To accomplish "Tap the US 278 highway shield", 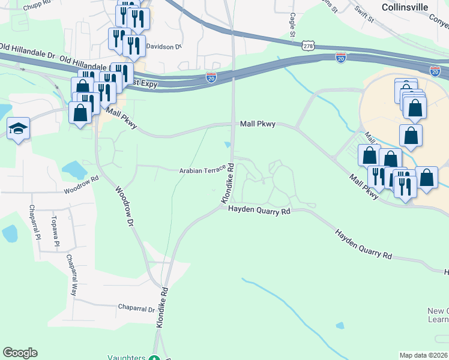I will pos(309,46).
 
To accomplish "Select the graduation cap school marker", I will pos(18,129).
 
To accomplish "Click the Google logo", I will pos(20,353).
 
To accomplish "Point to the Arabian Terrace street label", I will pos(202,171).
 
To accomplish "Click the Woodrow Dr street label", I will pos(124,206).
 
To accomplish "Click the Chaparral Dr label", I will pos(136,309).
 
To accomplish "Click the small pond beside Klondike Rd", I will pos(228,144).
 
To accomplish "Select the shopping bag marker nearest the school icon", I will pos(80,112).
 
